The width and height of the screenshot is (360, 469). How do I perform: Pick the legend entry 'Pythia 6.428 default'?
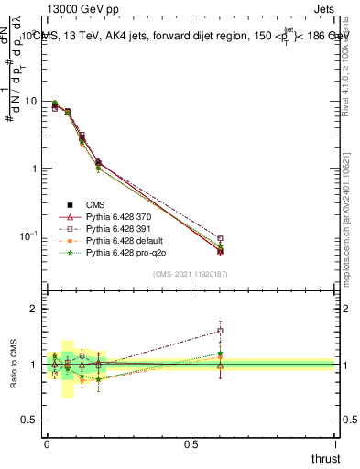[127, 243]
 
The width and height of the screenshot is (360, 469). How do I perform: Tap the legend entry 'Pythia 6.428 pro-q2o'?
[129, 256]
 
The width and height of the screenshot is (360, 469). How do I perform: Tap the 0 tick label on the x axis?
[46, 443]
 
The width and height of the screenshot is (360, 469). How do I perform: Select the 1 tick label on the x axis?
[335, 443]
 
